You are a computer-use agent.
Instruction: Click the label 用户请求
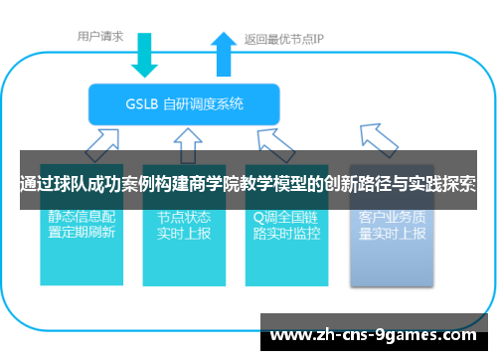coord(100,37)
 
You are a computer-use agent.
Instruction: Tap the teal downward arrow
coord(146,56)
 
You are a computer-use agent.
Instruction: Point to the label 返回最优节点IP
coord(284,40)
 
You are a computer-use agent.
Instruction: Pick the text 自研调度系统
coord(210,103)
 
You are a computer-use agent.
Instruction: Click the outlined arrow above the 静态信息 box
coord(98,145)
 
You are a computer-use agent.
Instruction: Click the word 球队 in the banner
coord(74,184)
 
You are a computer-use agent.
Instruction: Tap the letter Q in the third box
coord(257,215)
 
